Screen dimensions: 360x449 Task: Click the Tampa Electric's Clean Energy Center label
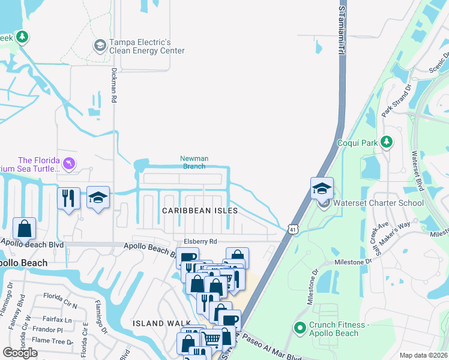coord(146,47)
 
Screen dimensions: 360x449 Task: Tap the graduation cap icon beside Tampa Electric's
coord(100,45)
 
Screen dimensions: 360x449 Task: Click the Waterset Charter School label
coord(378,203)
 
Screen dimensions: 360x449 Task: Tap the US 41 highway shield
coord(292,229)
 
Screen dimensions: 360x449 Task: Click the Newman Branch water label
coord(194,163)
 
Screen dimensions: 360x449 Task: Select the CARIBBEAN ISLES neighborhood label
coord(200,211)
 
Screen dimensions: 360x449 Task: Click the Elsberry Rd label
coord(200,241)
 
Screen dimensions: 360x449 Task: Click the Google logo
coord(20,353)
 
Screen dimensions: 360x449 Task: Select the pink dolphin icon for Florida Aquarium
coord(70,163)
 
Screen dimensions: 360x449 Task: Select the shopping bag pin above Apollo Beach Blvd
coord(24,228)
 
